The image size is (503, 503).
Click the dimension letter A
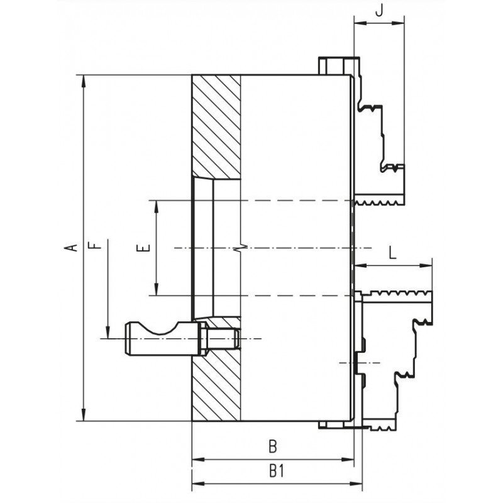pos(74,247)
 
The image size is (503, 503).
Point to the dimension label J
pos(379,11)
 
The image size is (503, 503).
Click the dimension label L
pos(392,253)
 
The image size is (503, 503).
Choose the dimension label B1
pos(277,471)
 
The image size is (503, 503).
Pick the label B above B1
pos(273,447)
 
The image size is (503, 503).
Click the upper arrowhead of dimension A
pos(84,81)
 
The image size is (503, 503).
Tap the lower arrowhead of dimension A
pos(84,414)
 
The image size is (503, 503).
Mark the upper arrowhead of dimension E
pos(156,207)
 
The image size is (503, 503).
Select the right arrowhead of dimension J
pos(399,23)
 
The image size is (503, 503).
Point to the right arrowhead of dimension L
pos(426,265)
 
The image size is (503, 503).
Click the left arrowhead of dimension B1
pos(198,484)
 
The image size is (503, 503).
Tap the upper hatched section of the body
pos(216,127)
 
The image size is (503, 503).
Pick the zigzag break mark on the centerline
pos(241,248)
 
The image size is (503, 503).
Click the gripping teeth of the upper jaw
pos(379,202)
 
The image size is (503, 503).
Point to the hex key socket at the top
pos(337,66)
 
